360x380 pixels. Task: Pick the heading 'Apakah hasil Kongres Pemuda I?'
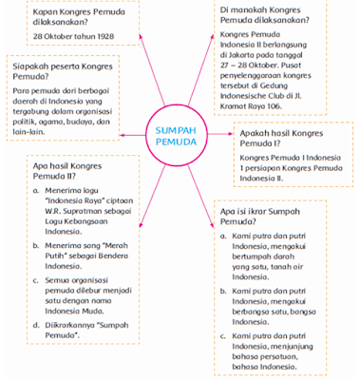point(286,141)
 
